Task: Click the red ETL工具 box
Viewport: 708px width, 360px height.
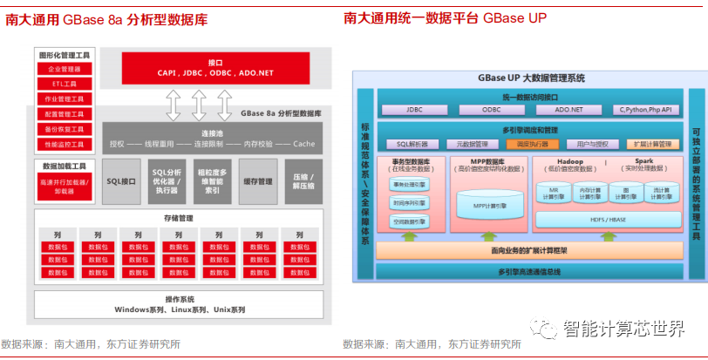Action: (63, 84)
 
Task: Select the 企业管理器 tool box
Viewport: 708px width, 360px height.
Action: (63, 69)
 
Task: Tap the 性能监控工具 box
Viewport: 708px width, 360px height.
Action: (63, 144)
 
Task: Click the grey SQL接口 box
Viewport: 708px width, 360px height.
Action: (121, 181)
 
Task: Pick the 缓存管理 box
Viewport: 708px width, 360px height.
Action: (257, 181)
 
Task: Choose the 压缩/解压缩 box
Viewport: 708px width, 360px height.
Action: (303, 181)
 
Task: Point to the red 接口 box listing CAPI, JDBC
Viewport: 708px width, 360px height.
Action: (215, 69)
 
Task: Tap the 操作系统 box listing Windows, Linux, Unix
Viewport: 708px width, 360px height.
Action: (180, 304)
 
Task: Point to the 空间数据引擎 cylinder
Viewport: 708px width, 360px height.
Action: (410, 221)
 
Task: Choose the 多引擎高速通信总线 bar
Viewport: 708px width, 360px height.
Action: (529, 271)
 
